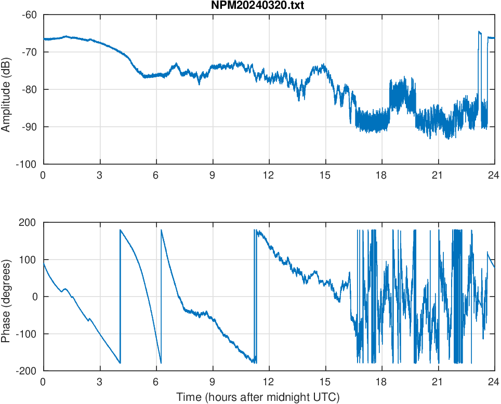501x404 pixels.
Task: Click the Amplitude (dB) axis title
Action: [x=6, y=89]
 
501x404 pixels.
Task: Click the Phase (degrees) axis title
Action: [x=6, y=297]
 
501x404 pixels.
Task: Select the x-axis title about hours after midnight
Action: [x=258, y=397]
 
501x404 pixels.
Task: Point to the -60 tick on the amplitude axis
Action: [x=29, y=15]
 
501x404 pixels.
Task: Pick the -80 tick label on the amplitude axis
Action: [x=29, y=89]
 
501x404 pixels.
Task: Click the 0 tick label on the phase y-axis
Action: [x=35, y=297]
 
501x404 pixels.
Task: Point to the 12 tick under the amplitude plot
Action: [x=269, y=175]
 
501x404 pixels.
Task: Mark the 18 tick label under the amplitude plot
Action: [x=381, y=175]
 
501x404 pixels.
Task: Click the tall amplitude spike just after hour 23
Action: [x=480, y=32]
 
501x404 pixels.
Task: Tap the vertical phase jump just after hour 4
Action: [x=120, y=296]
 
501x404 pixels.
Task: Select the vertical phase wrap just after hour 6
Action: [x=161, y=296]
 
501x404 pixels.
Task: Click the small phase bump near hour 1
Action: [x=64, y=289]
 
